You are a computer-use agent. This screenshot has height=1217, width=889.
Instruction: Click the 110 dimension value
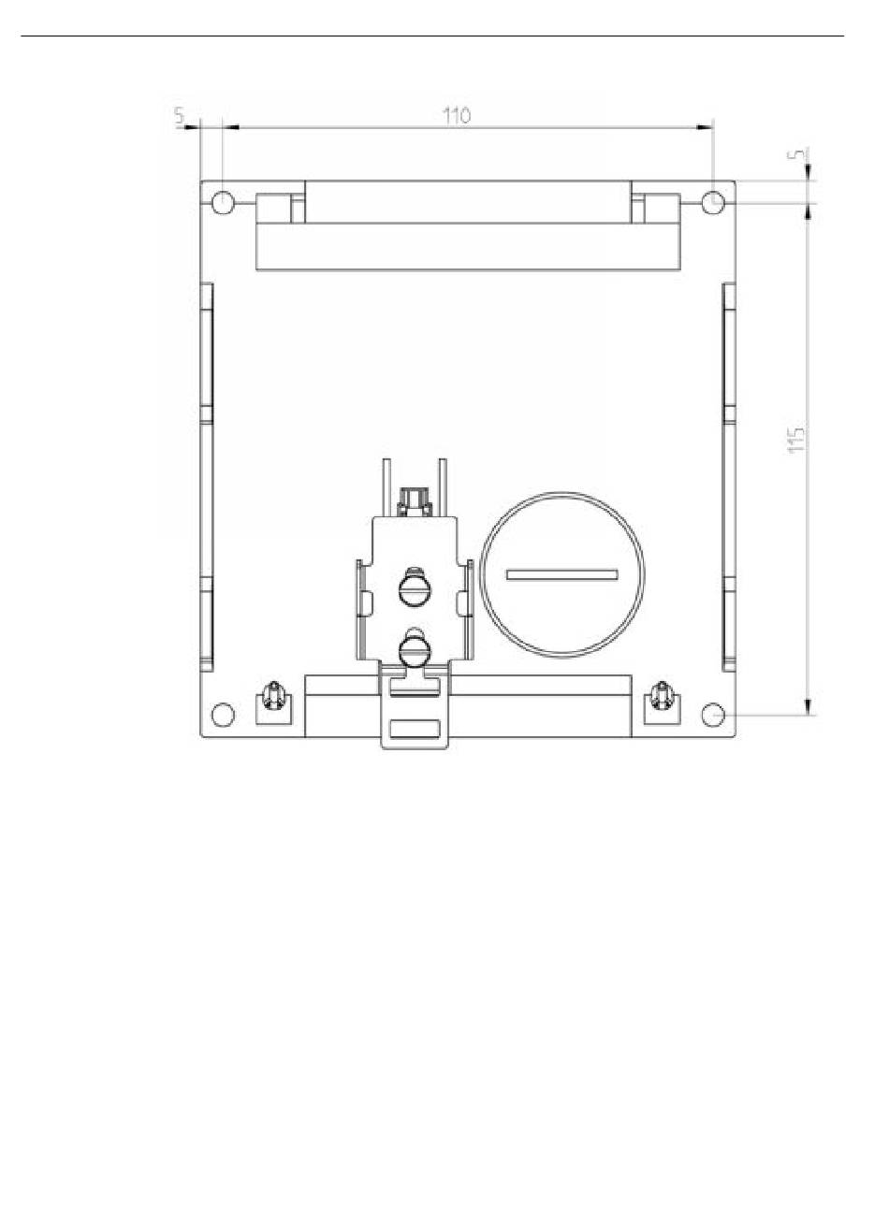(457, 116)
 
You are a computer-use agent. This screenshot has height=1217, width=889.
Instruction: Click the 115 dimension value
(796, 440)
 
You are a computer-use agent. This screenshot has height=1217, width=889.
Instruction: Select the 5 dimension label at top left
(180, 115)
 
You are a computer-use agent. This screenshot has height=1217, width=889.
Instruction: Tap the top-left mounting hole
(223, 203)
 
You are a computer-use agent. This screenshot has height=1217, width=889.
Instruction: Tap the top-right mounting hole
(713, 203)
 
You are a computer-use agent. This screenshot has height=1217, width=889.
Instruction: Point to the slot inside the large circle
(561, 574)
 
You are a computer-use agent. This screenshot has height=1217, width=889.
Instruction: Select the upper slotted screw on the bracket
(415, 589)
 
